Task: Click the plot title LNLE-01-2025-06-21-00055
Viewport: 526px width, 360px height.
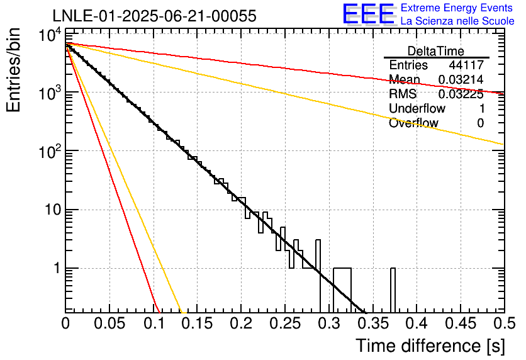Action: (154, 16)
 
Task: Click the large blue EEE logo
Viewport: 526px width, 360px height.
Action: (368, 14)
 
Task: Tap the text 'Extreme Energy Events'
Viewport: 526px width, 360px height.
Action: (457, 8)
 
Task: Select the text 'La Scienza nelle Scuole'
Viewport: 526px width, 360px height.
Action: (457, 21)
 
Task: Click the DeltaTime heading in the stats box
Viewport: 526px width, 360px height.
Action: (436, 50)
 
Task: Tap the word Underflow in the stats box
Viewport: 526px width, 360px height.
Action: (413, 109)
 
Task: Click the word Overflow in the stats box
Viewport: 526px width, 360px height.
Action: (413, 123)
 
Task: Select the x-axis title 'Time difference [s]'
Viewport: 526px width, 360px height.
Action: (429, 346)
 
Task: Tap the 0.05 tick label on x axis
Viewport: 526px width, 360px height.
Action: (109, 324)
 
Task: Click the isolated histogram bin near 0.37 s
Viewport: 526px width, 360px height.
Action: (393, 290)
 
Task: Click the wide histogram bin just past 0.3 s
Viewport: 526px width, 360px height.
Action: (342, 290)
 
